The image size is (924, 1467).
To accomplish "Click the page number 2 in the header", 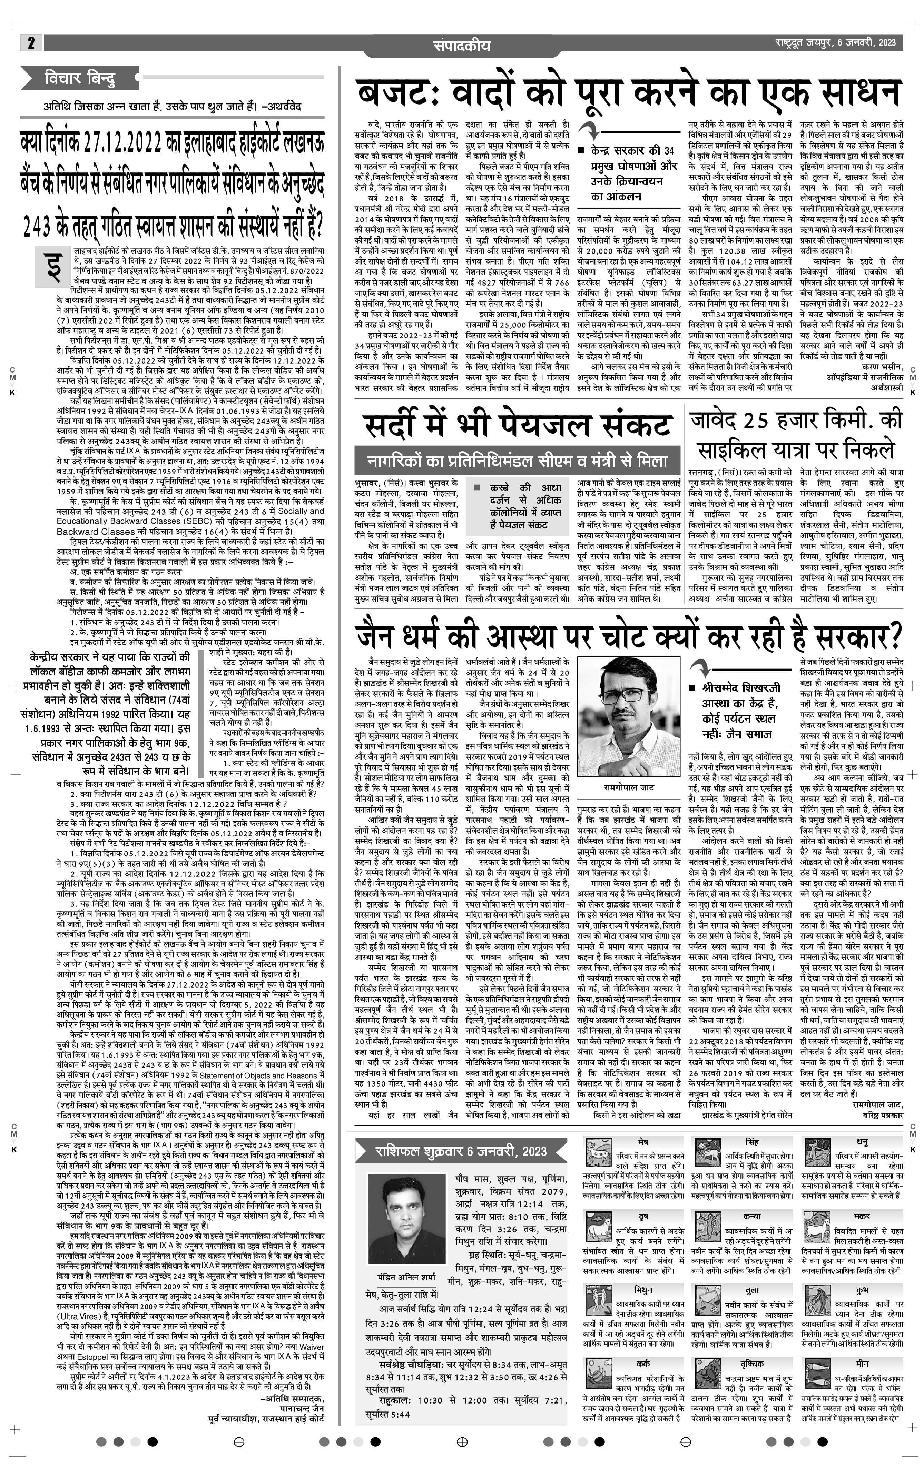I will (x=30, y=43).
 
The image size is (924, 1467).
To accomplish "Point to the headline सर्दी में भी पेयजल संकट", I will (x=518, y=425).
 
